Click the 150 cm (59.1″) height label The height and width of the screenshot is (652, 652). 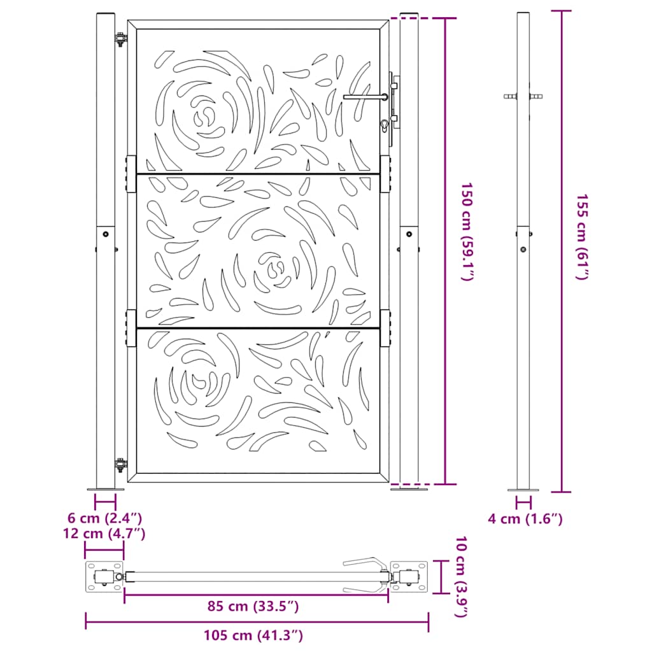coord(468,232)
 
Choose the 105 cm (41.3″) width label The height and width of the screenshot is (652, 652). coord(253,634)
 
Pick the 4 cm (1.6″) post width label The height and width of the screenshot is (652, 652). coord(525,519)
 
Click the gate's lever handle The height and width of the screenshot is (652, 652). coord(365,97)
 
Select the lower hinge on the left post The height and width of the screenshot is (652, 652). coord(119,465)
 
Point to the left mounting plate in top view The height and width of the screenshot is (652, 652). coord(103,577)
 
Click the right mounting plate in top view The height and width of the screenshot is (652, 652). coord(409,577)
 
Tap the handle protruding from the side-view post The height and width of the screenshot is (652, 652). coord(523,97)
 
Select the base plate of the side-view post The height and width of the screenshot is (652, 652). coord(523,490)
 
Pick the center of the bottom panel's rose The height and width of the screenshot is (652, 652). coord(197,383)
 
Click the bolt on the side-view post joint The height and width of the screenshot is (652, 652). coord(523,250)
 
